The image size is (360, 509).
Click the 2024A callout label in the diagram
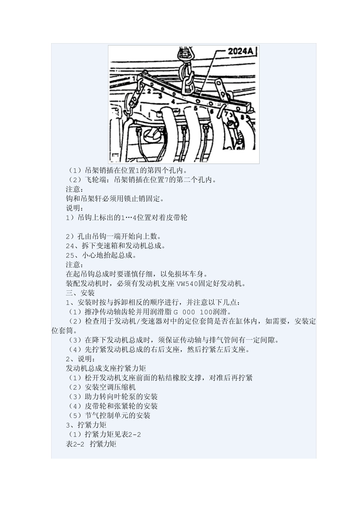(240, 51)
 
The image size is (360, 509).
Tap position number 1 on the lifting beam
(133, 78)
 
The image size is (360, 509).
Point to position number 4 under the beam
(173, 101)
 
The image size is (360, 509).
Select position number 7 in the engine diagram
(226, 113)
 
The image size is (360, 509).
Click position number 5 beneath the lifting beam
(196, 108)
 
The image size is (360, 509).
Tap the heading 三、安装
(80, 293)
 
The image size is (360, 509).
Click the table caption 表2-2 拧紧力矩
(91, 444)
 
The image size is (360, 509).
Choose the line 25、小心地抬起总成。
(101, 255)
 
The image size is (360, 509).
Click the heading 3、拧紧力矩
(86, 425)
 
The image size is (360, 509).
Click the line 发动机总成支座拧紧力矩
(106, 368)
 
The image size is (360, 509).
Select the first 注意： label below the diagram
(74, 189)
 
